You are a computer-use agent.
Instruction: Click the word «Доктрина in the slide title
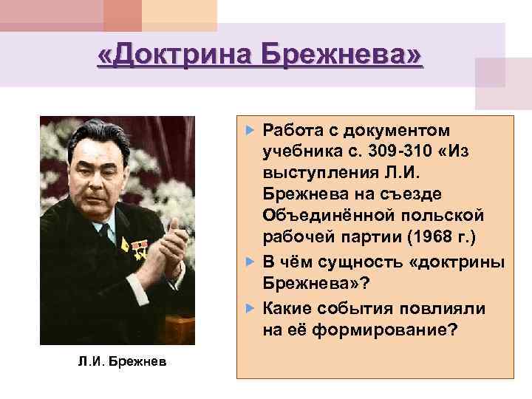coord(185,55)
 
